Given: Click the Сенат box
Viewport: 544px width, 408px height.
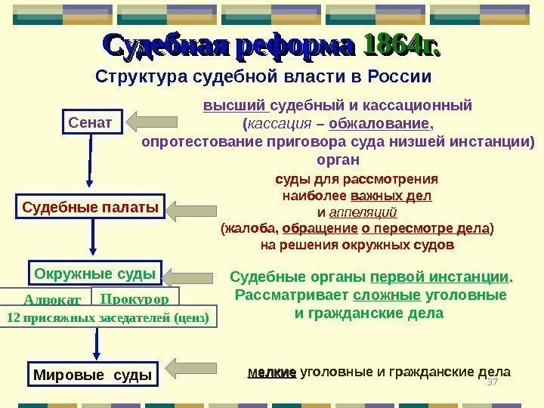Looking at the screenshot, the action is [x=91, y=121].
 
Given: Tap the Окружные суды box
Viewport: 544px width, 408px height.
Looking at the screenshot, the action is [x=94, y=273].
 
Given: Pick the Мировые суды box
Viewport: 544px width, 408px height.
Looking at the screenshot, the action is [x=93, y=374].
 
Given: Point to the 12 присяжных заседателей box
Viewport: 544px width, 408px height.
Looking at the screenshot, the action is [x=107, y=317].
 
